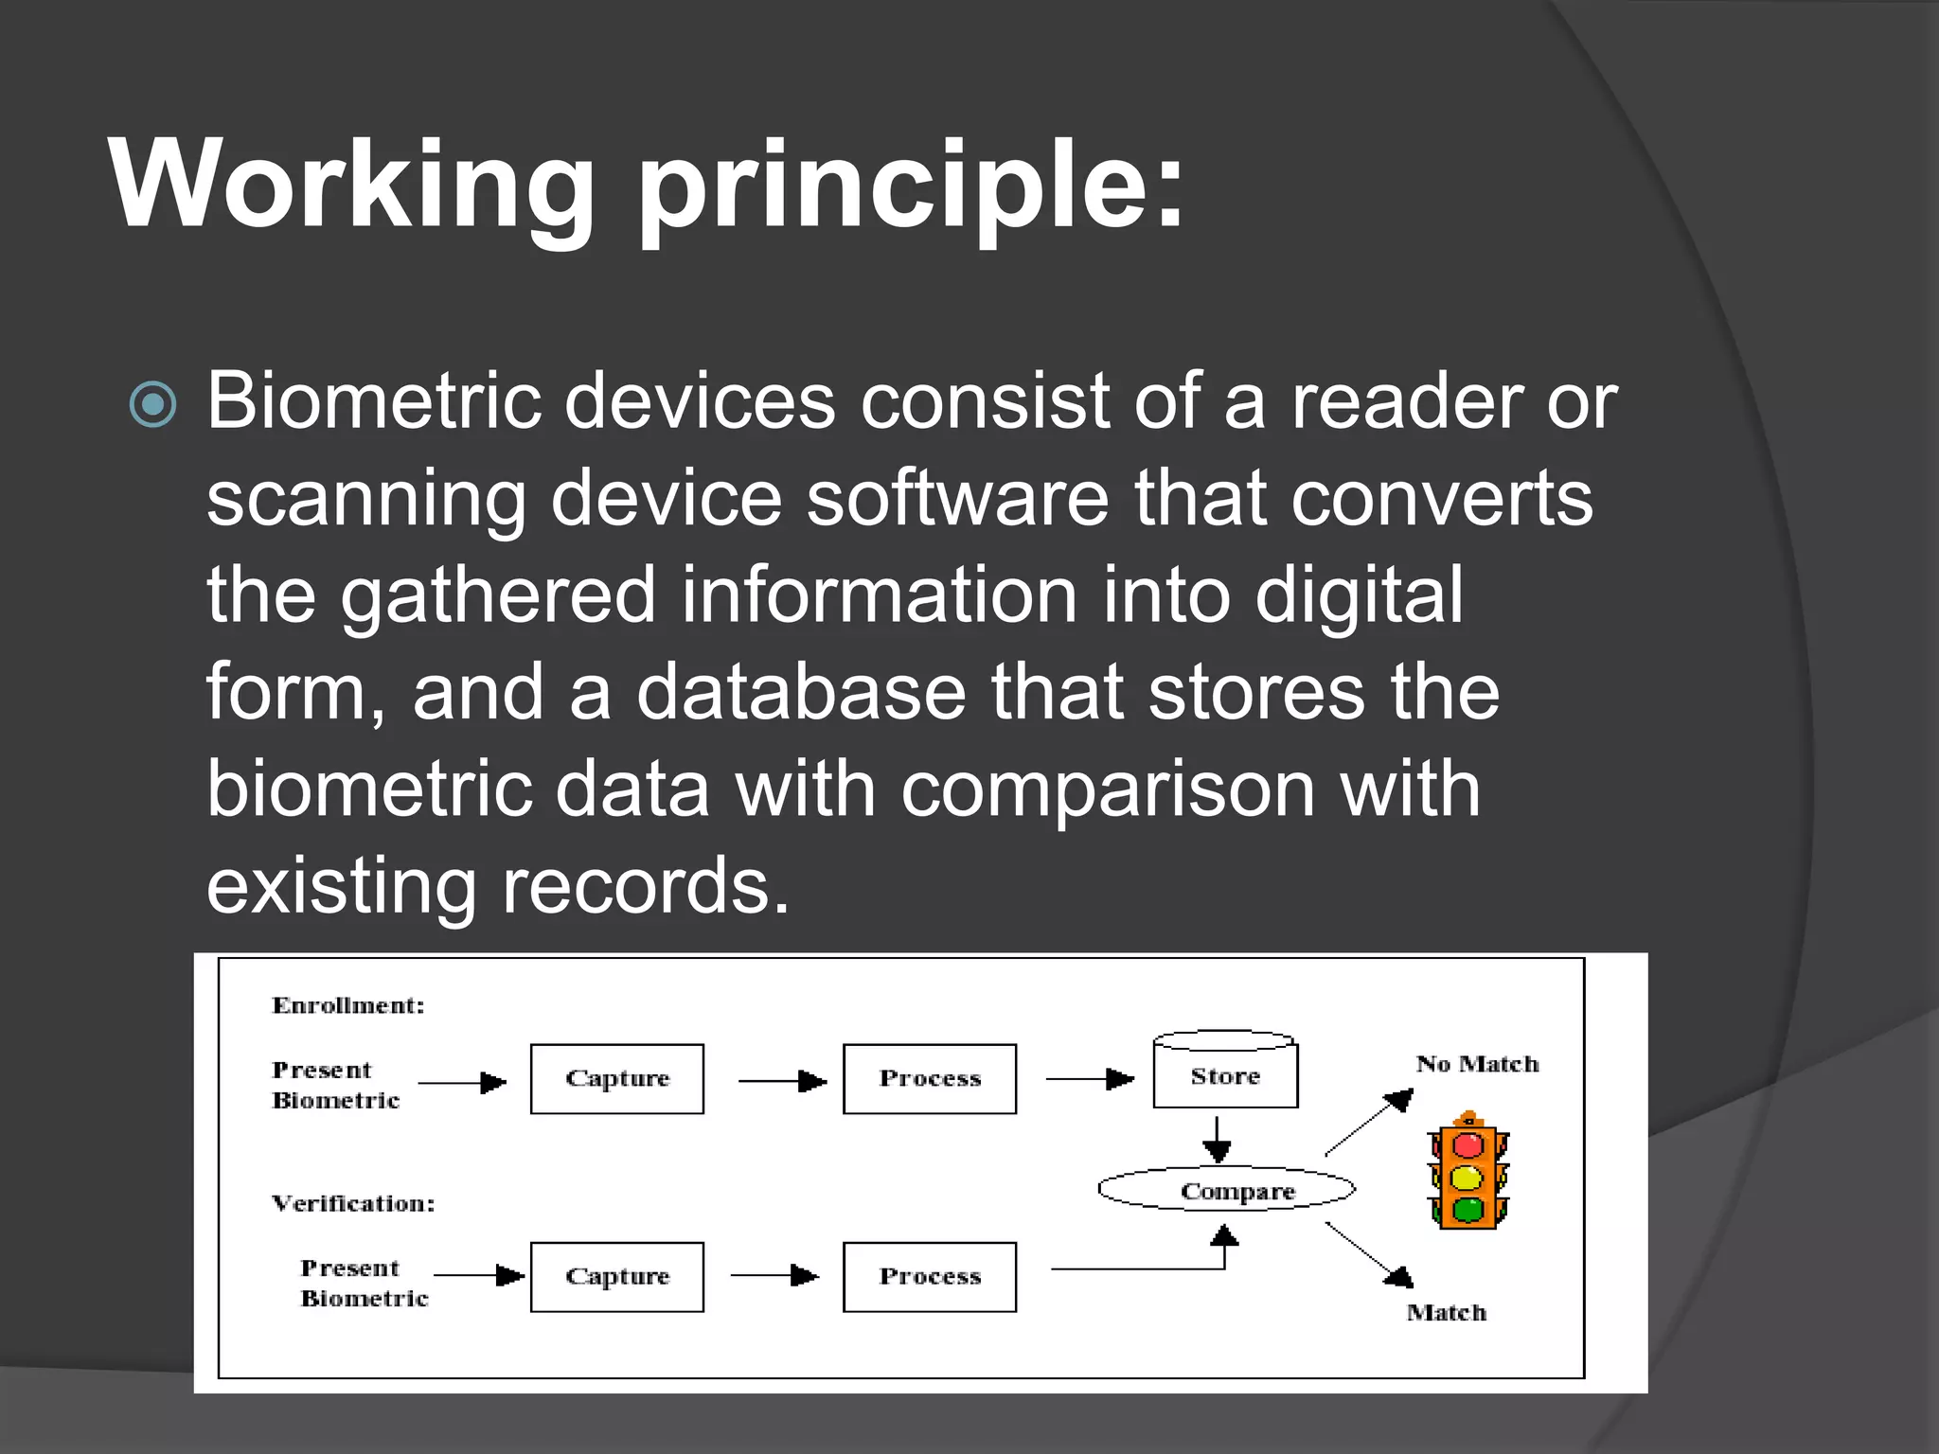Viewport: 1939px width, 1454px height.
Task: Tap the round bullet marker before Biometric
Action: [x=153, y=405]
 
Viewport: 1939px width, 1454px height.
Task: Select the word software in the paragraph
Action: [x=957, y=499]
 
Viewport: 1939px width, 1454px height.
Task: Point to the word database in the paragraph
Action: [x=801, y=693]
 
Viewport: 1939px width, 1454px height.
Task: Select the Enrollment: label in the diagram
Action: [x=348, y=1005]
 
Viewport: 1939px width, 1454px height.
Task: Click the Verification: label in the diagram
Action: [x=353, y=1203]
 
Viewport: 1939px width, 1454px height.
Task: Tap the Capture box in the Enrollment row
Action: [x=617, y=1079]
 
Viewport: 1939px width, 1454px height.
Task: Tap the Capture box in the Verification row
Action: [x=617, y=1277]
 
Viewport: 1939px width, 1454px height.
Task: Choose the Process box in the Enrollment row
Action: [x=930, y=1079]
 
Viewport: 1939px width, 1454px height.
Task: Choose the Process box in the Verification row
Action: [x=930, y=1277]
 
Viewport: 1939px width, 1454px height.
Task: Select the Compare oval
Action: [x=1227, y=1190]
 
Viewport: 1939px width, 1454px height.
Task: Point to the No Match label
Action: [x=1477, y=1064]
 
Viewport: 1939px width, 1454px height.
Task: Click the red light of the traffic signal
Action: [x=1468, y=1145]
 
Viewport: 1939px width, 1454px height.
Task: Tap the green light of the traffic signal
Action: [x=1468, y=1210]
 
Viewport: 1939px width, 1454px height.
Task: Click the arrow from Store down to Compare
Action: [x=1217, y=1140]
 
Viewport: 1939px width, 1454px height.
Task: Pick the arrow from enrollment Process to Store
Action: [x=1089, y=1079]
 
